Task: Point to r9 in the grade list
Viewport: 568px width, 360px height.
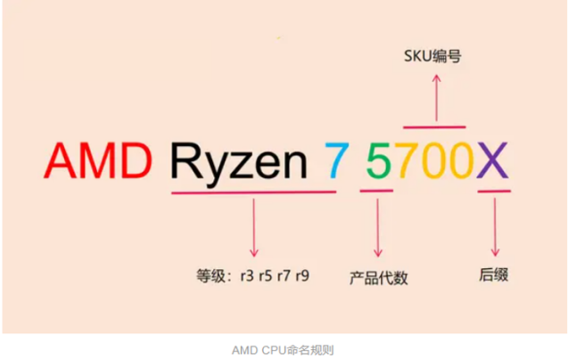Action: tap(302, 275)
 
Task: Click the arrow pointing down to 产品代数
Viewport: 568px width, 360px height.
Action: tap(378, 227)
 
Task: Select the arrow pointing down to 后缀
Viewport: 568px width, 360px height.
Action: tap(495, 227)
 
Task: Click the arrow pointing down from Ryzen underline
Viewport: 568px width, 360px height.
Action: tap(254, 227)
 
